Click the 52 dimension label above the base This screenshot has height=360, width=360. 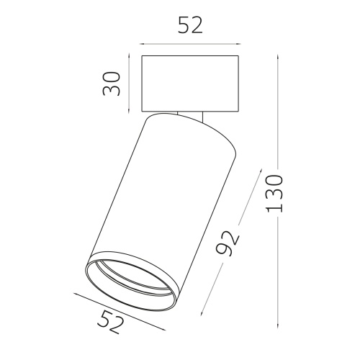click(190, 25)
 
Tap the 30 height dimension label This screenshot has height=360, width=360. click(109, 84)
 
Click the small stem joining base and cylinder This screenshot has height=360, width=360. click(192, 113)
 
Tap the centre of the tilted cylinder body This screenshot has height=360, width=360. click(163, 209)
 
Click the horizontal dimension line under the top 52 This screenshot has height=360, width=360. click(190, 42)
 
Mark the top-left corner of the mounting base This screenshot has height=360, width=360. click(141, 55)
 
